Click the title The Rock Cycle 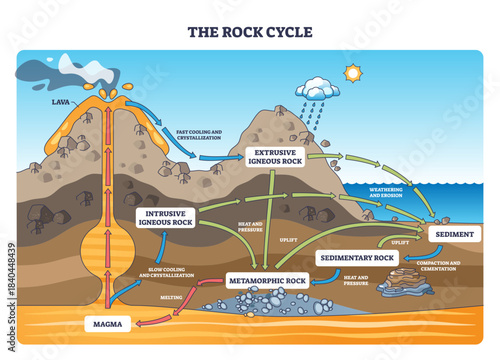click(x=249, y=31)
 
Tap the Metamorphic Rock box click(x=267, y=281)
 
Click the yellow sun click(x=351, y=73)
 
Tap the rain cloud click(x=317, y=90)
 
